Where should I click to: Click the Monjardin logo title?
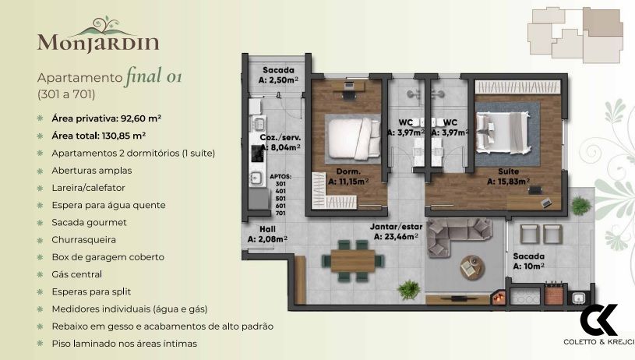[99, 41]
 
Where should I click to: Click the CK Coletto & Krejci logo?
[598, 326]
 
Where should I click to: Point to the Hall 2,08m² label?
[263, 234]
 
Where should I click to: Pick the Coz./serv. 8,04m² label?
[280, 141]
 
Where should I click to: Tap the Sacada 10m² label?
[528, 260]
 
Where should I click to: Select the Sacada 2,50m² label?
[278, 74]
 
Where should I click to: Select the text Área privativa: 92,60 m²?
[106, 118]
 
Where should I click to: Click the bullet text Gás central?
[77, 274]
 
